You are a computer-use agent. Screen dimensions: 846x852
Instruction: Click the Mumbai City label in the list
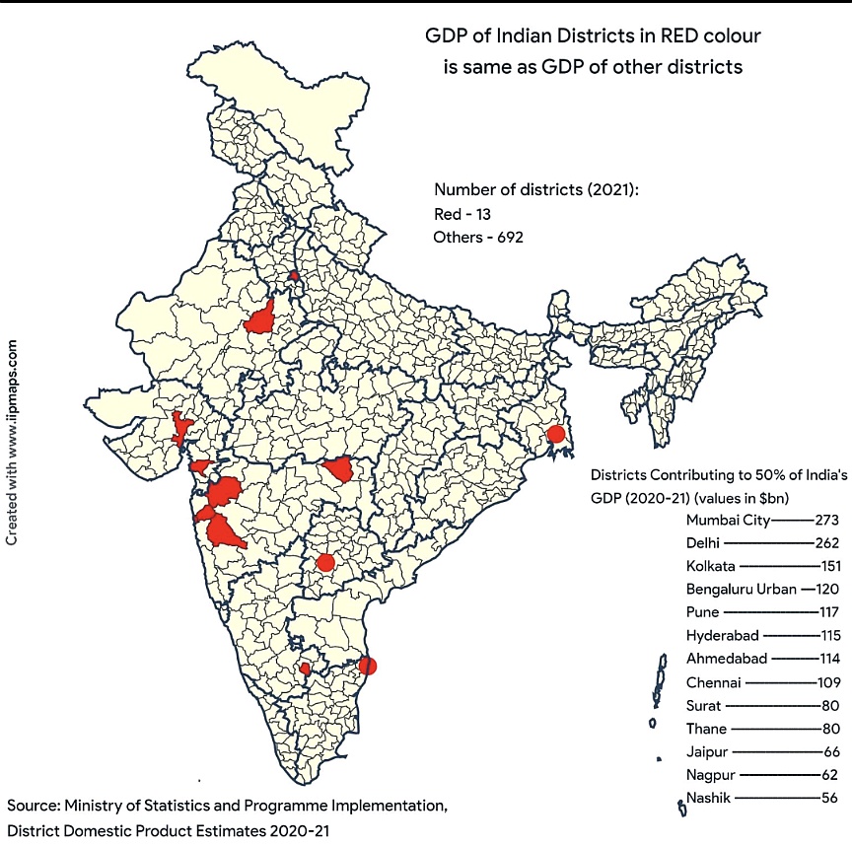(729, 519)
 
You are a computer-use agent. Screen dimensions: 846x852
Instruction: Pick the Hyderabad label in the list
(722, 636)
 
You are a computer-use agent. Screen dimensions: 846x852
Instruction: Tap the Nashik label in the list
(708, 798)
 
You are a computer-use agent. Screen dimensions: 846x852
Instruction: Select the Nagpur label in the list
(711, 775)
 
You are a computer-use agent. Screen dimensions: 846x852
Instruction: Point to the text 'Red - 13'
(462, 213)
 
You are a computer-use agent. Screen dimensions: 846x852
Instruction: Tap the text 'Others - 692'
(478, 237)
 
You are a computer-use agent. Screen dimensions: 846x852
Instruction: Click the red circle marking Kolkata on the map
(555, 434)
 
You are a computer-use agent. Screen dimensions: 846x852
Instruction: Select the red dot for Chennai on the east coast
(367, 666)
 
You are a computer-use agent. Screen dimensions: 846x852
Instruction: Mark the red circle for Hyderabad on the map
(324, 563)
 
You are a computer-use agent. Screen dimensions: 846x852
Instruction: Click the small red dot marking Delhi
(294, 276)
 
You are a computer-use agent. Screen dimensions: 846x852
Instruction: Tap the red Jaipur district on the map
(261, 318)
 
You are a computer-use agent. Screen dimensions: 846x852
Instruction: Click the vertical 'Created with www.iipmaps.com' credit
(13, 444)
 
